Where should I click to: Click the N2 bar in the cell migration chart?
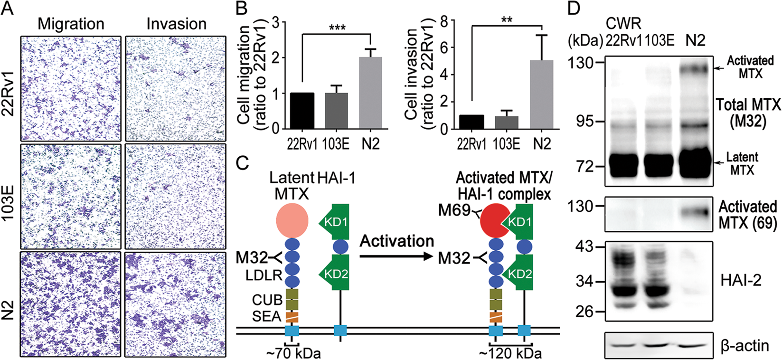pos(370,93)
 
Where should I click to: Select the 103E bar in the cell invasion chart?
pos(507,122)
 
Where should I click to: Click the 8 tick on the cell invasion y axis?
pos(445,20)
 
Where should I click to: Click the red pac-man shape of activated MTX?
pos(495,221)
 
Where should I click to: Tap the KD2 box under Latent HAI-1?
pos(338,273)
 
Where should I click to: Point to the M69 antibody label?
pos(453,210)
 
